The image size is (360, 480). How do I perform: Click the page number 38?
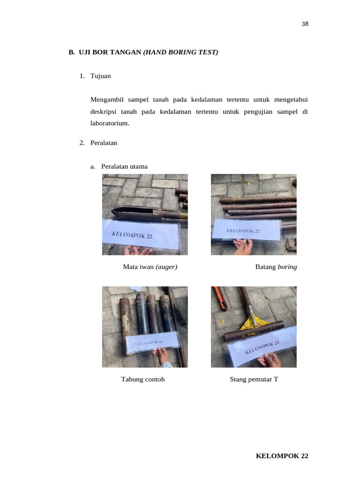(305, 24)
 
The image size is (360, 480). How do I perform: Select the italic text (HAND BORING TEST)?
(181, 52)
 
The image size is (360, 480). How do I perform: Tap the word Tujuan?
(101, 76)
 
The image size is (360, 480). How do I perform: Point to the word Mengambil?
(106, 99)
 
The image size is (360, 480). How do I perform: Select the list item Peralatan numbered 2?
(104, 143)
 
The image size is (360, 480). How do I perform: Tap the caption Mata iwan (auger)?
(150, 267)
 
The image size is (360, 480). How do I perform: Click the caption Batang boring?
(276, 267)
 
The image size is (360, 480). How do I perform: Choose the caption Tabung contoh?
(143, 380)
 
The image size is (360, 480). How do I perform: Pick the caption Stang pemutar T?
(254, 380)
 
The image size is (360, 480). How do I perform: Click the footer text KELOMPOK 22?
(282, 456)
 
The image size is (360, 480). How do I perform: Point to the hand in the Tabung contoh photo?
(164, 356)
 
